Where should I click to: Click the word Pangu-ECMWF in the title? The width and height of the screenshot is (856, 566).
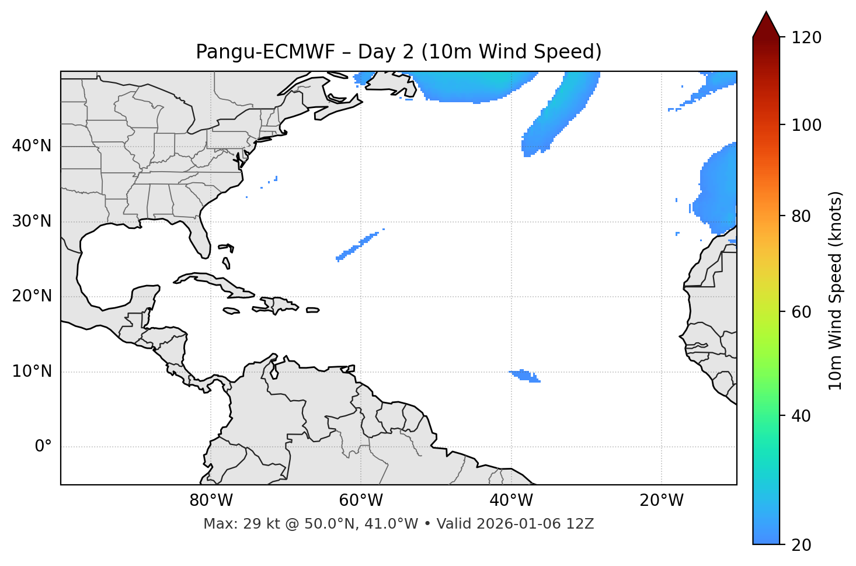(x=265, y=52)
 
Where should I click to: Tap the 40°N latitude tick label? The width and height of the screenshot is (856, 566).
(x=32, y=146)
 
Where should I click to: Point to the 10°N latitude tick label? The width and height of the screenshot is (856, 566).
(x=32, y=371)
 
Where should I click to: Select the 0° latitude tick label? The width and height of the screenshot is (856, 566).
(x=43, y=447)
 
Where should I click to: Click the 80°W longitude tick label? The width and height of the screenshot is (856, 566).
(x=211, y=501)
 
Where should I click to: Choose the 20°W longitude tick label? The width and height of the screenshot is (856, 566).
(x=662, y=501)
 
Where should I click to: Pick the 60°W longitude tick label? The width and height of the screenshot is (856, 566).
(x=361, y=501)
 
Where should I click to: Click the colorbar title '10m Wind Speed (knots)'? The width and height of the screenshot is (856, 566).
(x=836, y=291)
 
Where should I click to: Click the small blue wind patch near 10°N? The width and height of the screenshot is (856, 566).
(x=524, y=375)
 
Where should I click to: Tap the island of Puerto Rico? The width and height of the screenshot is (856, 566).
(x=312, y=310)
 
